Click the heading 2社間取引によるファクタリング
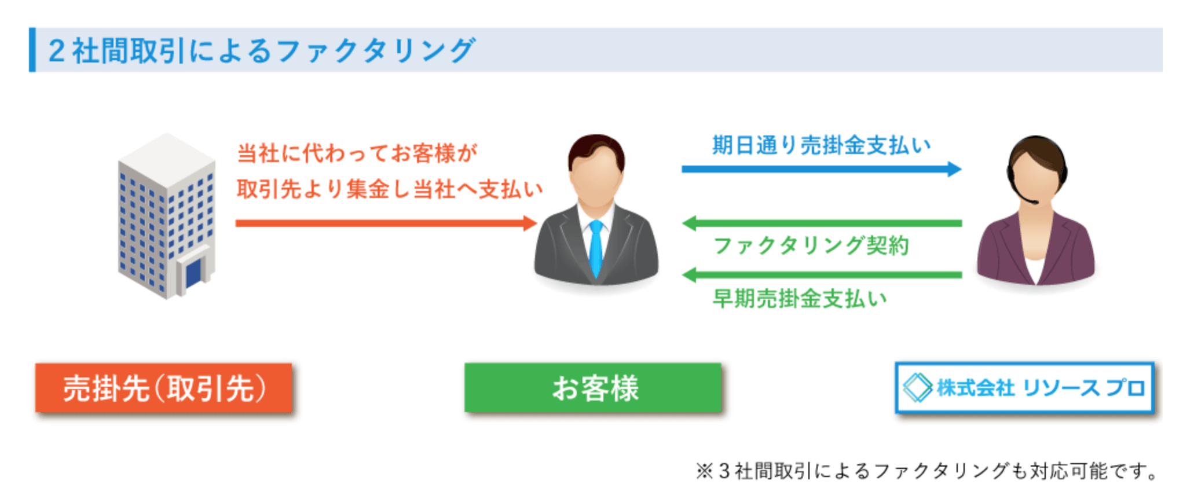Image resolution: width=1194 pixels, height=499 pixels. point(262,50)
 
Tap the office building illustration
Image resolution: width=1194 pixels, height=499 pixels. point(167,216)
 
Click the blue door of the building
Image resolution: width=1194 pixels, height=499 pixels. point(193,273)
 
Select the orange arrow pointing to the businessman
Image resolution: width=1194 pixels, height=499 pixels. point(386,223)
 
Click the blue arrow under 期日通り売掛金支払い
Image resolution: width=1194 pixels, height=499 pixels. point(822,169)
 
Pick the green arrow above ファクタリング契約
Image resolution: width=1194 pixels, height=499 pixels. point(822,223)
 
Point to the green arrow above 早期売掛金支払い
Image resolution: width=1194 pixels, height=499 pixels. point(822,275)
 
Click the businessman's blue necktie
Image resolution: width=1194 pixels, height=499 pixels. point(596,248)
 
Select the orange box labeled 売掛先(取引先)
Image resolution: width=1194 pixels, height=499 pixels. point(164,388)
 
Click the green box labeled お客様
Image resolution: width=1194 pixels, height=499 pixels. point(593,388)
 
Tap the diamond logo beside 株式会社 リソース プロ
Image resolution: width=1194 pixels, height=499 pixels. point(918,388)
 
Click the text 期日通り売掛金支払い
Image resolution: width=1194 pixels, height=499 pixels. point(822,145)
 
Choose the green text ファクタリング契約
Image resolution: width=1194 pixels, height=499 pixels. point(811,246)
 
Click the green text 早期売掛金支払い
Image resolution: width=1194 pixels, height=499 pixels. point(800,299)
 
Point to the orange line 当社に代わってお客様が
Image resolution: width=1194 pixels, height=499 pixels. point(357,153)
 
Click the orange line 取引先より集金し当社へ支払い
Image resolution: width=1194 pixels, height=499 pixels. point(390,189)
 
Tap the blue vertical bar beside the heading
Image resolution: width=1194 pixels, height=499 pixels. point(32,50)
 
